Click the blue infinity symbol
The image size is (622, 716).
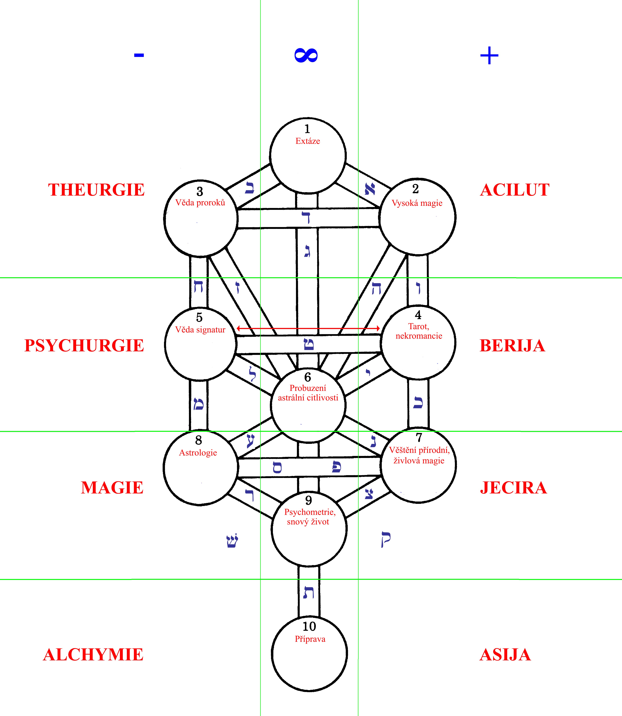tap(306, 55)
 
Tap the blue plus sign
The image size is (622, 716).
tap(489, 55)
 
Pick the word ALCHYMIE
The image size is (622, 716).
tap(93, 654)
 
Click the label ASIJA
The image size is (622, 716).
tap(505, 654)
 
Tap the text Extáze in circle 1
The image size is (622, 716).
tap(308, 141)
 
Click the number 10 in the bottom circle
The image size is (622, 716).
tap(309, 626)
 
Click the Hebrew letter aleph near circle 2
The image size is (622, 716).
tap(370, 189)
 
